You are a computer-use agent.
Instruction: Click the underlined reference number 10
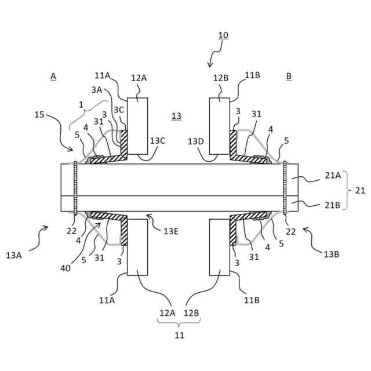223,35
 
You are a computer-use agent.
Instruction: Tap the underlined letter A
53,76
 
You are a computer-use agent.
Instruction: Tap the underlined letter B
289,76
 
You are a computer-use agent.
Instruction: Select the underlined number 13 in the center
176,116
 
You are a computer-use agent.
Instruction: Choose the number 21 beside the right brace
359,190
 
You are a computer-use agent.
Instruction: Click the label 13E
171,231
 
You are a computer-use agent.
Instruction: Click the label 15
39,115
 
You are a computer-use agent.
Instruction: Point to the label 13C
157,140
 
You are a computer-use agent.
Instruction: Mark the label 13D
196,140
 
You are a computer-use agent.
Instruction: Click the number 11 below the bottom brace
180,334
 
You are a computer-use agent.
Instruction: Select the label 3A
97,89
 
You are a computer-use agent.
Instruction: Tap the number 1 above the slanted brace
82,105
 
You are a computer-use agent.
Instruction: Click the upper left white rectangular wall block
137,126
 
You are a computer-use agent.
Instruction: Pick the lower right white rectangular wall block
221,246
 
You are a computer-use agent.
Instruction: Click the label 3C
118,110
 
